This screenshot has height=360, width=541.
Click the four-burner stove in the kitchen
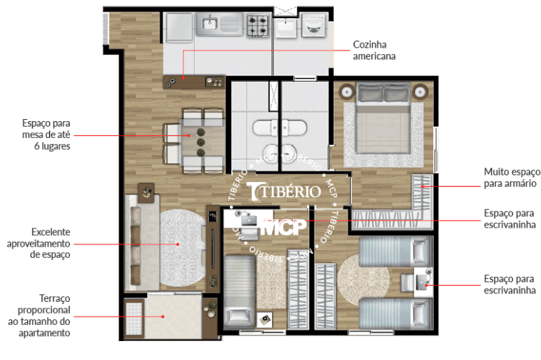tap(257, 25)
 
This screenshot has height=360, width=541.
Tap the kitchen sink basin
tap(210, 23)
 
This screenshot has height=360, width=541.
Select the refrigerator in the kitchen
tap(179, 27)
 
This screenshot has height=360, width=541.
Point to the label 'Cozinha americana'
tap(374, 50)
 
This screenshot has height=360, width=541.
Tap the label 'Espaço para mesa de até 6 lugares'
tap(46, 134)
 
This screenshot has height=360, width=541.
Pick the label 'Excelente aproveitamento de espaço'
tap(39, 243)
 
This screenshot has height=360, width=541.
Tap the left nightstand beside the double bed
tap(346, 92)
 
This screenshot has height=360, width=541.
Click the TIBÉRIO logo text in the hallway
tap(285, 191)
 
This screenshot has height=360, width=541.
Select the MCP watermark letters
tap(285, 226)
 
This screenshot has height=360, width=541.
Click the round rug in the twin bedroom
tap(363, 279)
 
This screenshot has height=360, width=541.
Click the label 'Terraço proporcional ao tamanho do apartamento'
tap(39, 315)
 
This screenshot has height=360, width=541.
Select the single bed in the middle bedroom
tap(239, 291)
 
